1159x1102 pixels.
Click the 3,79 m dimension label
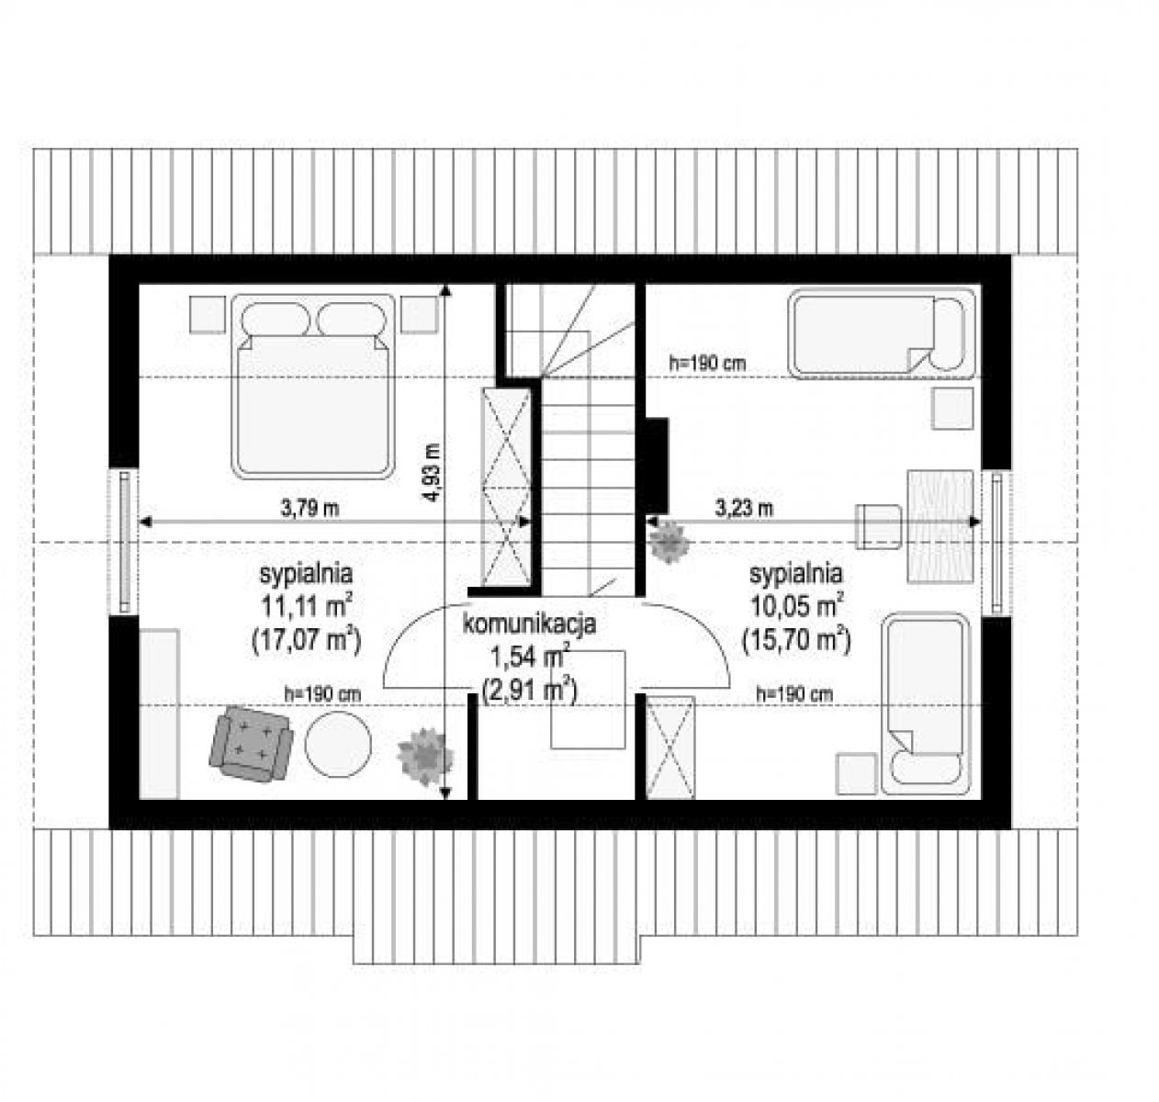tap(309, 508)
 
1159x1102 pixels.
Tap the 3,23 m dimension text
tap(743, 508)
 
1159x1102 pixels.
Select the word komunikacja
tap(528, 624)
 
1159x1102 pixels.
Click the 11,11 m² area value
tap(307, 604)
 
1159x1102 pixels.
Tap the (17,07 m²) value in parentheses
tap(307, 640)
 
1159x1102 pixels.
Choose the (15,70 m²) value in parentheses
tap(796, 640)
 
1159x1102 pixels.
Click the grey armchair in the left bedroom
tap(251, 745)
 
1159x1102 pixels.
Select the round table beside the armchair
tap(338, 745)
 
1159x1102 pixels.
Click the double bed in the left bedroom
tap(313, 386)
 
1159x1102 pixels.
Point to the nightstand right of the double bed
tap(419, 314)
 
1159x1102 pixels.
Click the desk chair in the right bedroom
tap(878, 526)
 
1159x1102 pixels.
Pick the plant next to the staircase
tap(670, 541)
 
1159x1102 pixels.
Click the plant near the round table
tap(425, 756)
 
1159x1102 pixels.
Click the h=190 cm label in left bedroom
tap(321, 694)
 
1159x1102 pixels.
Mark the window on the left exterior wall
tap(124, 542)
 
